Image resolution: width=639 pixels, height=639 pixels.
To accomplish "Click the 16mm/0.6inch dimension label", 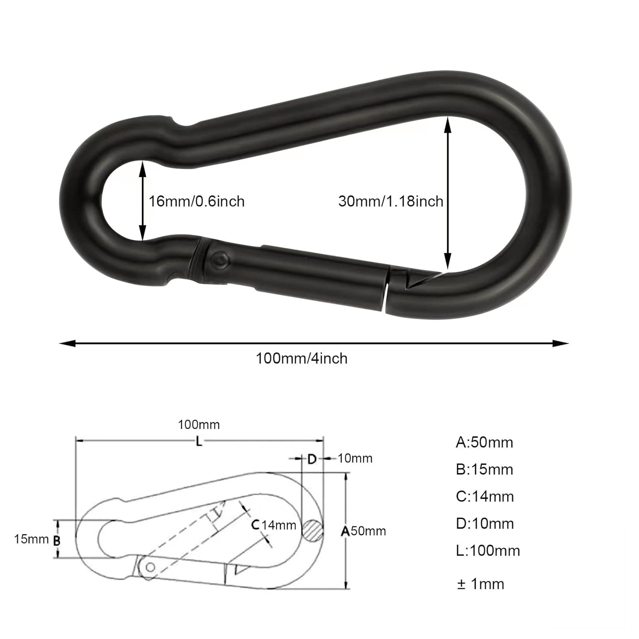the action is pyautogui.click(x=197, y=201).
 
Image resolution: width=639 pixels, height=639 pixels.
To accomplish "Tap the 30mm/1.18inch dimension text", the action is pyautogui.click(x=391, y=201).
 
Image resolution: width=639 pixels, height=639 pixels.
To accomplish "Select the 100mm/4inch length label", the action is pyautogui.click(x=302, y=359).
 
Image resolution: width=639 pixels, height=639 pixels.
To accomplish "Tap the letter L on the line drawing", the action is pyautogui.click(x=199, y=441).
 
